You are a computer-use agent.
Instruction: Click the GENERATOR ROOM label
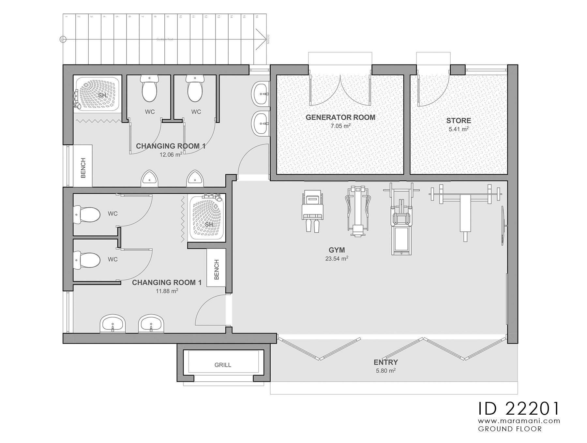(x=340, y=117)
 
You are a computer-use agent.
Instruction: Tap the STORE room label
(x=459, y=121)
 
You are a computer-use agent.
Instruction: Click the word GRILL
(x=223, y=365)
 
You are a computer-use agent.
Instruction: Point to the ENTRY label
(x=386, y=362)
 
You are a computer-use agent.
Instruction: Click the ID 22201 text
(x=519, y=408)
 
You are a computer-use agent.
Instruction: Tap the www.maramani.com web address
(x=519, y=421)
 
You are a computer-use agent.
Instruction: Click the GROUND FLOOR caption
(x=510, y=429)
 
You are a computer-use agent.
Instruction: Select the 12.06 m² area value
(x=171, y=155)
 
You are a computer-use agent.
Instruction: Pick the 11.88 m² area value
(x=167, y=291)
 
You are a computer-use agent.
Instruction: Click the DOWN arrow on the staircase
(x=261, y=39)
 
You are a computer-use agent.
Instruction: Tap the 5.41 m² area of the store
(x=459, y=129)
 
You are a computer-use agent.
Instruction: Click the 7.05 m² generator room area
(x=340, y=126)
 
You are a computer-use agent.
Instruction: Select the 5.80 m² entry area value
(x=386, y=371)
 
